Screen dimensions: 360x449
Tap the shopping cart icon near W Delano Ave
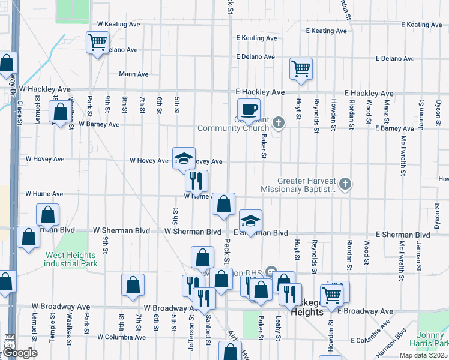(97, 43)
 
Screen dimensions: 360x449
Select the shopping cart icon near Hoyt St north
(301, 68)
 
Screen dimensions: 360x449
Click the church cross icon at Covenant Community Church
(277, 123)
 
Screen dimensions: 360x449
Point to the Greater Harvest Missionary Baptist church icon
(345, 184)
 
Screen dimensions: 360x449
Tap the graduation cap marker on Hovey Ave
(184, 159)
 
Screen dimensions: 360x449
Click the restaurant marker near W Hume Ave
(196, 181)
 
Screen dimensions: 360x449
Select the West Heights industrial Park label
(71, 259)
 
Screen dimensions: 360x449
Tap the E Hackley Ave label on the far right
(369, 94)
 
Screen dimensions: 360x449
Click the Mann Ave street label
(133, 74)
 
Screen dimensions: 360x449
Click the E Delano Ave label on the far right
(395, 59)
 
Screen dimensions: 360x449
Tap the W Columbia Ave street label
(122, 337)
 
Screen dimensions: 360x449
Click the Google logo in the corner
(20, 353)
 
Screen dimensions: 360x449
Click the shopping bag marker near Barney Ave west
(60, 112)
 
